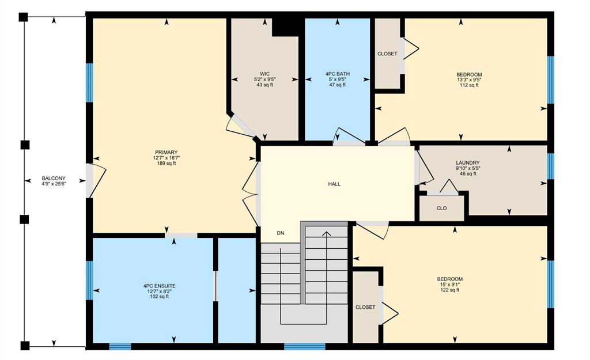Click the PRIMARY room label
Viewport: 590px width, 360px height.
click(167, 152)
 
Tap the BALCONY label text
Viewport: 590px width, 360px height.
click(54, 179)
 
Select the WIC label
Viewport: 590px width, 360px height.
click(264, 74)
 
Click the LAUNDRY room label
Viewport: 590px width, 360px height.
click(468, 163)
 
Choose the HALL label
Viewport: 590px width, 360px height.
click(334, 184)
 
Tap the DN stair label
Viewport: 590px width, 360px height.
click(281, 233)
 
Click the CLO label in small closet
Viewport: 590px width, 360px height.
click(442, 208)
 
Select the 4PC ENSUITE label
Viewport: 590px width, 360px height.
click(159, 286)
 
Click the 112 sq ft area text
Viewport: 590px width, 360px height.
click(469, 85)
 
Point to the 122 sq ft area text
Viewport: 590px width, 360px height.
click(449, 290)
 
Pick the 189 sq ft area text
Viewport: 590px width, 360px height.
click(167, 163)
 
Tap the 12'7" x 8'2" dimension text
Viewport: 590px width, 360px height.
click(159, 291)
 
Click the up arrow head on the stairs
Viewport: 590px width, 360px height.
click(327, 234)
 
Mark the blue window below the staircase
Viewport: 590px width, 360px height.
click(305, 346)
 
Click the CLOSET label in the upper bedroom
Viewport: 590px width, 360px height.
click(387, 54)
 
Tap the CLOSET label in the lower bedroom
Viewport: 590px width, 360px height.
click(365, 308)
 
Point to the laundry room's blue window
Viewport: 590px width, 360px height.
click(550, 166)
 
